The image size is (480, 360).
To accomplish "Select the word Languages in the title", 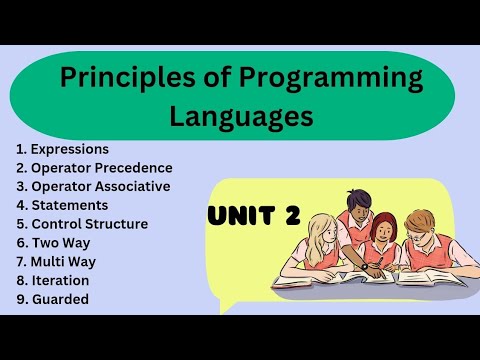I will tap(240, 117).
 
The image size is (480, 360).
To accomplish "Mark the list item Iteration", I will tap(60, 282).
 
